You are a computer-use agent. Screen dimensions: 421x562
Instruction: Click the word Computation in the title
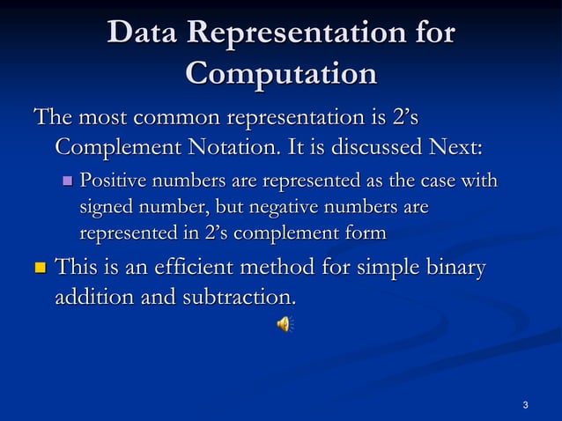click(281, 73)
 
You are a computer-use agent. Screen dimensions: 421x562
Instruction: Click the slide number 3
click(525, 405)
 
